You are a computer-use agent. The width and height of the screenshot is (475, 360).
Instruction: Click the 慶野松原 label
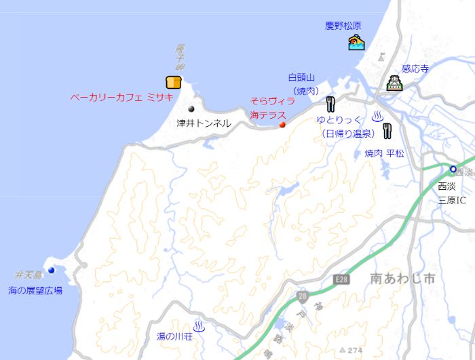point(343,26)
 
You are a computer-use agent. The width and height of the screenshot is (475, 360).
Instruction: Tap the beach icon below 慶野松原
point(356,43)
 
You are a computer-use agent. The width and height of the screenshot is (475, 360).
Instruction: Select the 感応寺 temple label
point(415,68)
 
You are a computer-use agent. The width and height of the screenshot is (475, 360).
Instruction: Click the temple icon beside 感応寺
point(394,84)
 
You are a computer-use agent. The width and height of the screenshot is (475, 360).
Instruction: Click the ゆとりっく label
point(339,120)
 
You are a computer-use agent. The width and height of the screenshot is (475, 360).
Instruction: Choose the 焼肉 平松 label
point(384,154)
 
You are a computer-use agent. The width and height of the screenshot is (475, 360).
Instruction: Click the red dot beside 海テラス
point(282,124)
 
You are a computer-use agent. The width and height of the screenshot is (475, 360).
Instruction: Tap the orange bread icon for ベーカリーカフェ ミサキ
point(174,82)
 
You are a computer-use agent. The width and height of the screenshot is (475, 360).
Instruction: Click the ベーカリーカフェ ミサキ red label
point(121,97)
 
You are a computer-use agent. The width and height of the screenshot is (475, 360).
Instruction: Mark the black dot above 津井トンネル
point(191,108)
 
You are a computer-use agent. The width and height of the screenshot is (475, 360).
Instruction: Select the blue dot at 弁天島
point(51,270)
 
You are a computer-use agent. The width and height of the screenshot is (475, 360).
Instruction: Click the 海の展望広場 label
point(35,290)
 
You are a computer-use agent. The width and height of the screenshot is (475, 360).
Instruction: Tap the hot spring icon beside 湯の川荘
point(199,327)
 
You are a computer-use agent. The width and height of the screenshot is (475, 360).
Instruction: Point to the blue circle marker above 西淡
point(453,169)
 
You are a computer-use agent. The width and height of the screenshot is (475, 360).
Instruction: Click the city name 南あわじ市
point(402,279)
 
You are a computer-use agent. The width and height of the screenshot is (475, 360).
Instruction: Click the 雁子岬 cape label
point(180,58)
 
